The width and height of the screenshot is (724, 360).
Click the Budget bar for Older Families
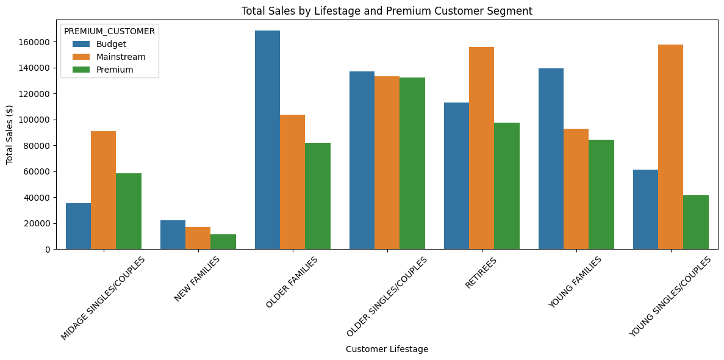[x=267, y=140]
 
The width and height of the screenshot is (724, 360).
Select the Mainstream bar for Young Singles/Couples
[x=670, y=147]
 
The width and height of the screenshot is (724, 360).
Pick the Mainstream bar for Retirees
[x=482, y=148]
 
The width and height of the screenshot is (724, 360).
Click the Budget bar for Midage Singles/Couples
[x=79, y=226]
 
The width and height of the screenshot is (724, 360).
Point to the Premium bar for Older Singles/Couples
[x=412, y=164]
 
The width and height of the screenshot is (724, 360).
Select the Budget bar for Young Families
[x=551, y=159]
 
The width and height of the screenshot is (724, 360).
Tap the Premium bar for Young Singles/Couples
[x=696, y=222]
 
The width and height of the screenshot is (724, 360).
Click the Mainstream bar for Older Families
[x=292, y=182]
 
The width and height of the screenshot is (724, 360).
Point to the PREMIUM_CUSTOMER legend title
[x=109, y=32]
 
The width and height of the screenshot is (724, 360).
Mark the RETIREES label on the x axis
[x=481, y=273]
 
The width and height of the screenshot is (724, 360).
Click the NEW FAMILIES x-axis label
[x=197, y=279]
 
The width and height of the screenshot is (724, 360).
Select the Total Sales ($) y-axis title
[x=10, y=134]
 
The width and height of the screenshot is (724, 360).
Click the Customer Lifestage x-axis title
[x=387, y=350]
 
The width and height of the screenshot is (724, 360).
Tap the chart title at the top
[x=387, y=11]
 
